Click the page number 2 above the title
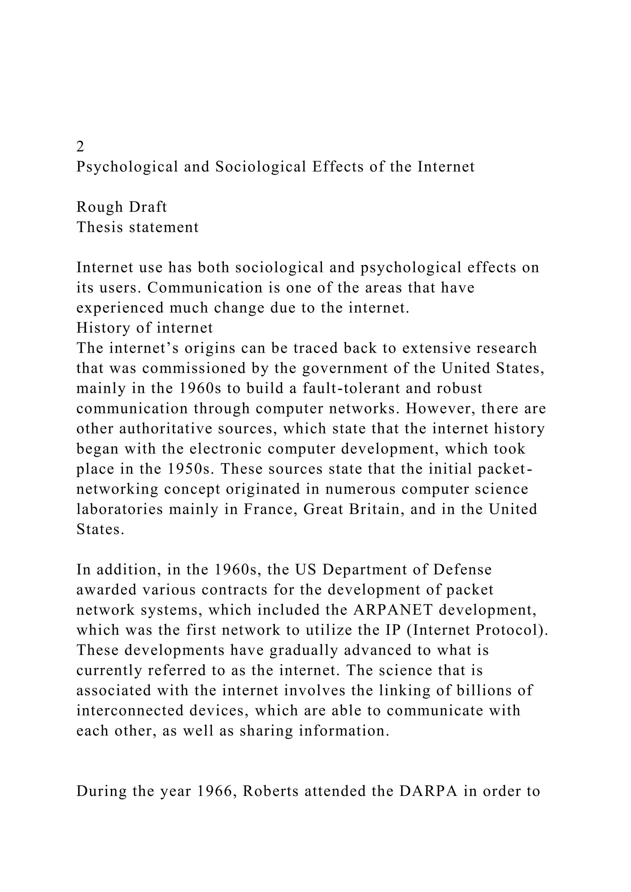pyautogui.click(x=80, y=147)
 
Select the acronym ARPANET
pyautogui.click(x=393, y=610)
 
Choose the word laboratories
pyautogui.click(x=119, y=509)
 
